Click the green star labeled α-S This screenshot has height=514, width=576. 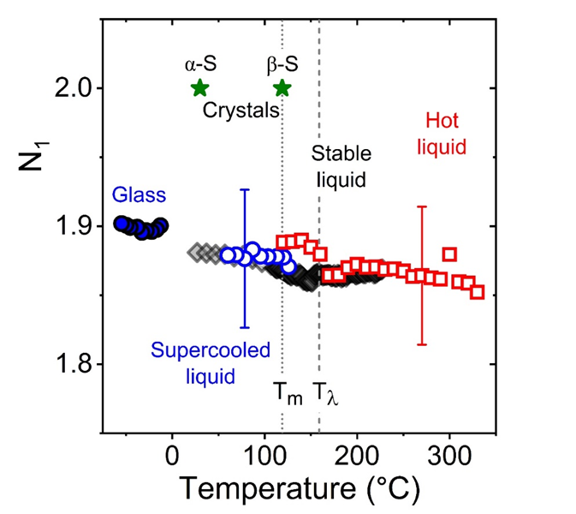(x=199, y=87)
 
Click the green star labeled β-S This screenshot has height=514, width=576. (x=282, y=87)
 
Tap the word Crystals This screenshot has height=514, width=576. (x=242, y=111)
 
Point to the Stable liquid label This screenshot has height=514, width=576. (x=341, y=167)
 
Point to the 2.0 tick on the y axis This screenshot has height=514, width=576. (x=72, y=88)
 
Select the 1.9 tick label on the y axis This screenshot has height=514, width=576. (x=72, y=226)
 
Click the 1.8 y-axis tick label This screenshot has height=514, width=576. (x=72, y=364)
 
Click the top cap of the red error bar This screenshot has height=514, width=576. (x=422, y=206)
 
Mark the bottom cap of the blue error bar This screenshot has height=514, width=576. (x=245, y=327)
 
